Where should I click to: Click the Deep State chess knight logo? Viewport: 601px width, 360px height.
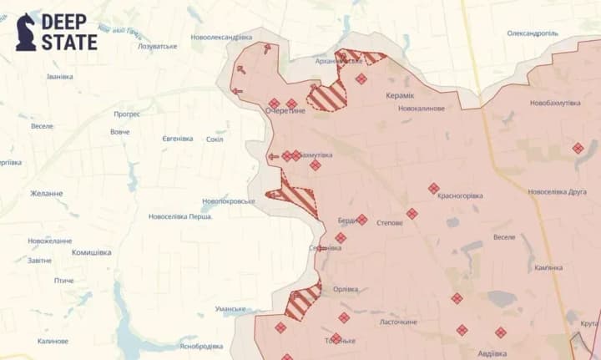point(26,32)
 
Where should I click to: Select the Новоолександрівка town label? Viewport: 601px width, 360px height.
point(221,38)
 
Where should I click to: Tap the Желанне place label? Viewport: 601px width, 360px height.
point(47,194)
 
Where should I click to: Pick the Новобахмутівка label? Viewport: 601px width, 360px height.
point(555,103)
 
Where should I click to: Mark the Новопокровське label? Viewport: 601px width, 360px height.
point(228,201)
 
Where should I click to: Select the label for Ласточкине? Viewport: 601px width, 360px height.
point(398,322)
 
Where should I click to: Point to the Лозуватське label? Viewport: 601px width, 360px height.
point(157,46)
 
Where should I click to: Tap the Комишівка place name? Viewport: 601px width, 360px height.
point(91,252)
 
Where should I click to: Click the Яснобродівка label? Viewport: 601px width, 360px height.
point(201,346)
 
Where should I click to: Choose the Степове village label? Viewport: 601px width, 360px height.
point(391,223)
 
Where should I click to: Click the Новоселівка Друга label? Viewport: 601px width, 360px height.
point(557,191)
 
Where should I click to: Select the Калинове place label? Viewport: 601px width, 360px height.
point(53,341)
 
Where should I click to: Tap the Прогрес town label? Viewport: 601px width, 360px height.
point(127,114)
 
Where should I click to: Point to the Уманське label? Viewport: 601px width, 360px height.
point(230,309)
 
